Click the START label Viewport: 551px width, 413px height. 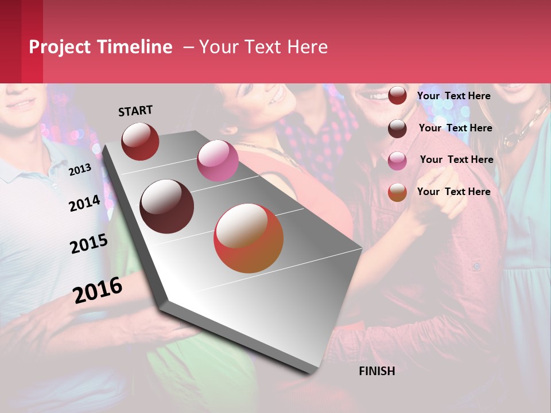tap(135, 111)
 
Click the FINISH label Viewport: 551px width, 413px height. tap(377, 371)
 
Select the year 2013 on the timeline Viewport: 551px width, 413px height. tap(80, 169)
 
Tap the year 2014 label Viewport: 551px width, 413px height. tap(84, 203)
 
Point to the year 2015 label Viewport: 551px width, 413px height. tap(89, 244)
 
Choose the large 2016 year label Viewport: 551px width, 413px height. tap(98, 290)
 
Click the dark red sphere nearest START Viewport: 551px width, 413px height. tap(140, 141)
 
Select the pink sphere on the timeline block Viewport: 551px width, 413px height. tap(218, 161)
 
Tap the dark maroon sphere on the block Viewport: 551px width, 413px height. tap(167, 206)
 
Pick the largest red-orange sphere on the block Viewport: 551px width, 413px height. tap(249, 238)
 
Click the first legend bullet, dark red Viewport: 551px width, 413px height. tap(397, 95)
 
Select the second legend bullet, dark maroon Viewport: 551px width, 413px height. tap(397, 128)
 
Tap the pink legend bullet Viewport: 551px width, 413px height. tap(397, 161)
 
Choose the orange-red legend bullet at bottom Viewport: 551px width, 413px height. tap(397, 192)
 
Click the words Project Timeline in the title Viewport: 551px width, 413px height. tap(100, 47)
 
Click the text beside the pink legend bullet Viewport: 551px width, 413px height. tap(456, 159)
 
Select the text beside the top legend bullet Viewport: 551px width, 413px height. tap(453, 96)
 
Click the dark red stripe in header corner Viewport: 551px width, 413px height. tap(10, 41)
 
